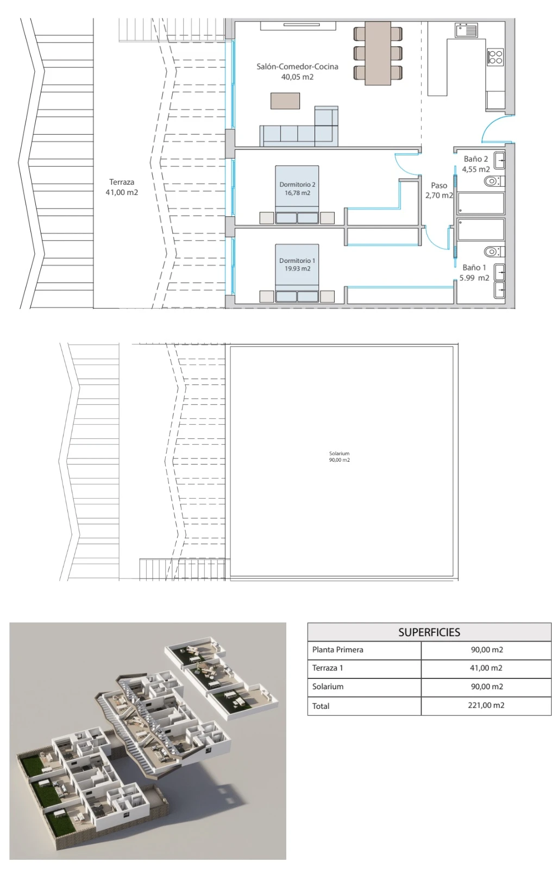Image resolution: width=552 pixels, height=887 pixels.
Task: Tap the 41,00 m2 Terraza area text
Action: coord(122,193)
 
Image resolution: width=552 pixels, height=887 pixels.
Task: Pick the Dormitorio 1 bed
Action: coord(297,273)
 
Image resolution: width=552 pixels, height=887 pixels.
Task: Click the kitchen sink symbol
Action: coord(466,30)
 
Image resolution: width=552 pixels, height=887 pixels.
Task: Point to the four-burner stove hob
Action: coord(495,57)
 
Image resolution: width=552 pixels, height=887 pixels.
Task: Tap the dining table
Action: coord(378,53)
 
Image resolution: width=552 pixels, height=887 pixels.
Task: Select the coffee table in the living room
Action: coord(285,101)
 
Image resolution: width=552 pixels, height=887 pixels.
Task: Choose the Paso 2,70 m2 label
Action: coord(439,191)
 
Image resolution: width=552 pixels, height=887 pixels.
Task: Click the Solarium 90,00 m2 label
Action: coord(340,457)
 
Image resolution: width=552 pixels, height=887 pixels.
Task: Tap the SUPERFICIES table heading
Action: coord(429,632)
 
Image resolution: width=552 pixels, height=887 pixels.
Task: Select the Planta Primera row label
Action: coord(338,650)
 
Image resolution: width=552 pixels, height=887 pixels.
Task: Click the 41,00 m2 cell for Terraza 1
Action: coord(486,668)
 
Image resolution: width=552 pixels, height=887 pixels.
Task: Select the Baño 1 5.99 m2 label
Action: coord(474,273)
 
